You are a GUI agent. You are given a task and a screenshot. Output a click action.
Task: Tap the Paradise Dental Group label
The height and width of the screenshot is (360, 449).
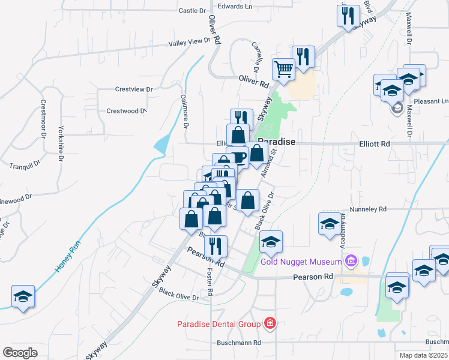(218, 324)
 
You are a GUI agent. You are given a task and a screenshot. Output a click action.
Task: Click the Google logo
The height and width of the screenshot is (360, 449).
(20, 353)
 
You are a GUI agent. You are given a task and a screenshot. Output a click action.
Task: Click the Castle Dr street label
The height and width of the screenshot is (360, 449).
(193, 11)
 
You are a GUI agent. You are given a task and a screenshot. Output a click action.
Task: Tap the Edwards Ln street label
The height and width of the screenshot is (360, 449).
(235, 7)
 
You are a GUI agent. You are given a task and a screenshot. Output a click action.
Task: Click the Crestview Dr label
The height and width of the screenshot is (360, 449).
(134, 89)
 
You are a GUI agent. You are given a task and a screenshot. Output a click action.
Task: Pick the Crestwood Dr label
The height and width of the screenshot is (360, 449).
(126, 111)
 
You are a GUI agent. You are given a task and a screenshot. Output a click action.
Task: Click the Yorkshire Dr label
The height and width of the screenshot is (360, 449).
(61, 145)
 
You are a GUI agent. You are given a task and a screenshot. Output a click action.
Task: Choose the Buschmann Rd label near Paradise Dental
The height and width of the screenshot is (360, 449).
(240, 343)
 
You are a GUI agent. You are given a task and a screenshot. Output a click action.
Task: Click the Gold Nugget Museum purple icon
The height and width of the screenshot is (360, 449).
(352, 261)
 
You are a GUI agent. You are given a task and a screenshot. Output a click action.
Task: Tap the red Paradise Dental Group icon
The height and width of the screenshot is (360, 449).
(270, 324)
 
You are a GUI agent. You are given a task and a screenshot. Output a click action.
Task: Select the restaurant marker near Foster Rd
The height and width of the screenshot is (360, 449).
(215, 245)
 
